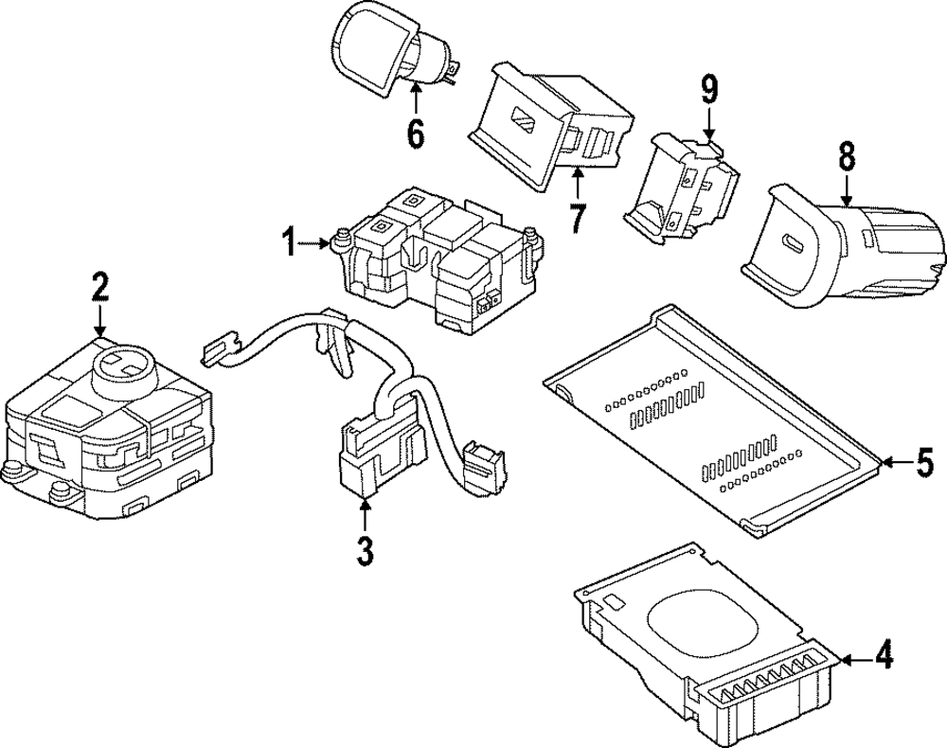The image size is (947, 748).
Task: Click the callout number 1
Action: pyautogui.click(x=290, y=243)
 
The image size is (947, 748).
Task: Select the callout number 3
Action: pyautogui.click(x=365, y=551)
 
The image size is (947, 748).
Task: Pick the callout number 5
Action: pyautogui.click(x=924, y=462)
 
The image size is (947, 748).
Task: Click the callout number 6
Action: pyautogui.click(x=416, y=134)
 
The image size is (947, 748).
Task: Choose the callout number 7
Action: pyautogui.click(x=578, y=218)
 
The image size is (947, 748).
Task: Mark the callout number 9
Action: pyautogui.click(x=709, y=91)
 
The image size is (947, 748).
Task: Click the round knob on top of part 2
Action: pyautogui.click(x=123, y=370)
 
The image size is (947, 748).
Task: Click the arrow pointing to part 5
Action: pyautogui.click(x=897, y=463)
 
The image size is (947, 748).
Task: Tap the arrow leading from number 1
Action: pyautogui.click(x=314, y=243)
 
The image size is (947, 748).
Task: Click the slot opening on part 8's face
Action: pyautogui.click(x=791, y=246)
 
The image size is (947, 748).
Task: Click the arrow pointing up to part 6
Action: pyautogui.click(x=416, y=98)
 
